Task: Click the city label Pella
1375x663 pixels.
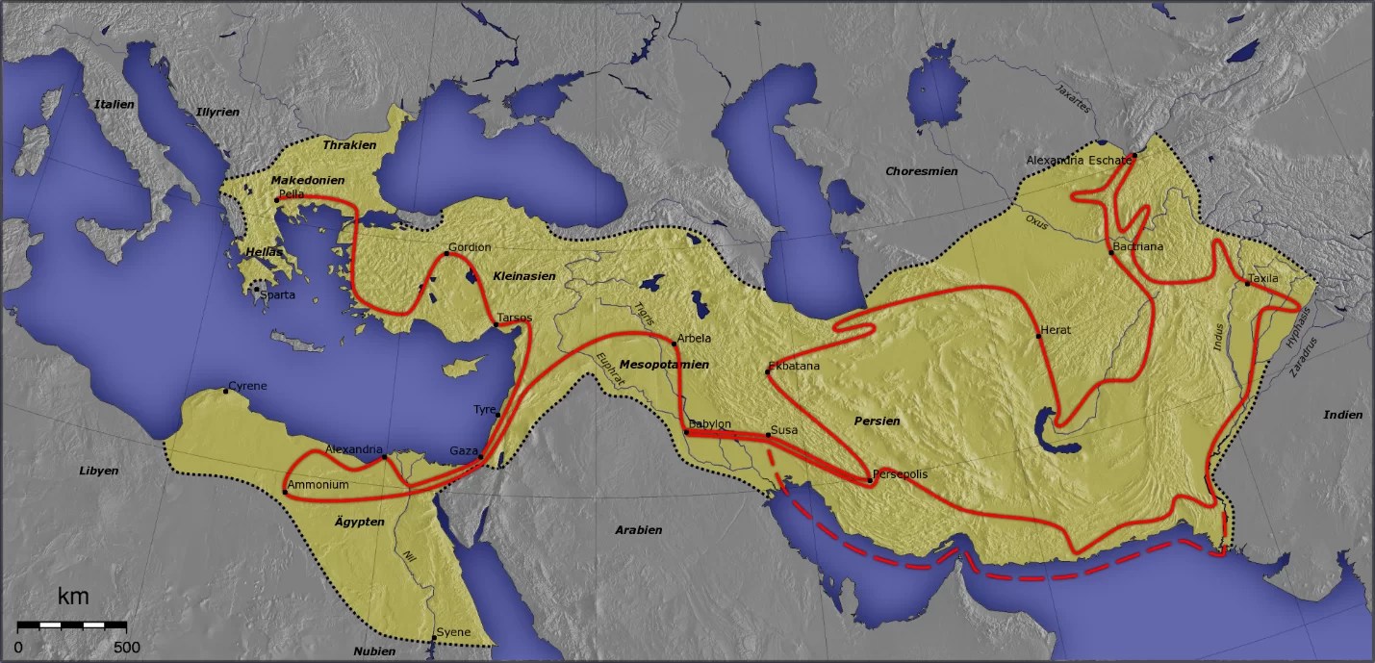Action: point(292,193)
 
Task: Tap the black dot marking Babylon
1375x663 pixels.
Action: point(686,433)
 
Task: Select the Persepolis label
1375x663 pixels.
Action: point(902,475)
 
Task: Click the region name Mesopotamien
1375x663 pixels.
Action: point(664,365)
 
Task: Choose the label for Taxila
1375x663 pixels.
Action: point(1264,278)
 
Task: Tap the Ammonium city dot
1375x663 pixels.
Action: point(285,493)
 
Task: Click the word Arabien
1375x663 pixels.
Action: point(639,529)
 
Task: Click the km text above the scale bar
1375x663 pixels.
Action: point(73,597)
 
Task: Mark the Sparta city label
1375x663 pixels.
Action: point(277,294)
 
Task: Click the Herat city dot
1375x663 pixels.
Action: point(1038,336)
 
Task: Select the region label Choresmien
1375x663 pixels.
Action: point(921,170)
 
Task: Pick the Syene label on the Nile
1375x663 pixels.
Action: point(453,632)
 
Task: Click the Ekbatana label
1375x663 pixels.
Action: point(794,366)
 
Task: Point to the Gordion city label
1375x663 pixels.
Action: point(471,247)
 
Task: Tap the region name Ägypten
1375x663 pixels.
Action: point(359,522)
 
